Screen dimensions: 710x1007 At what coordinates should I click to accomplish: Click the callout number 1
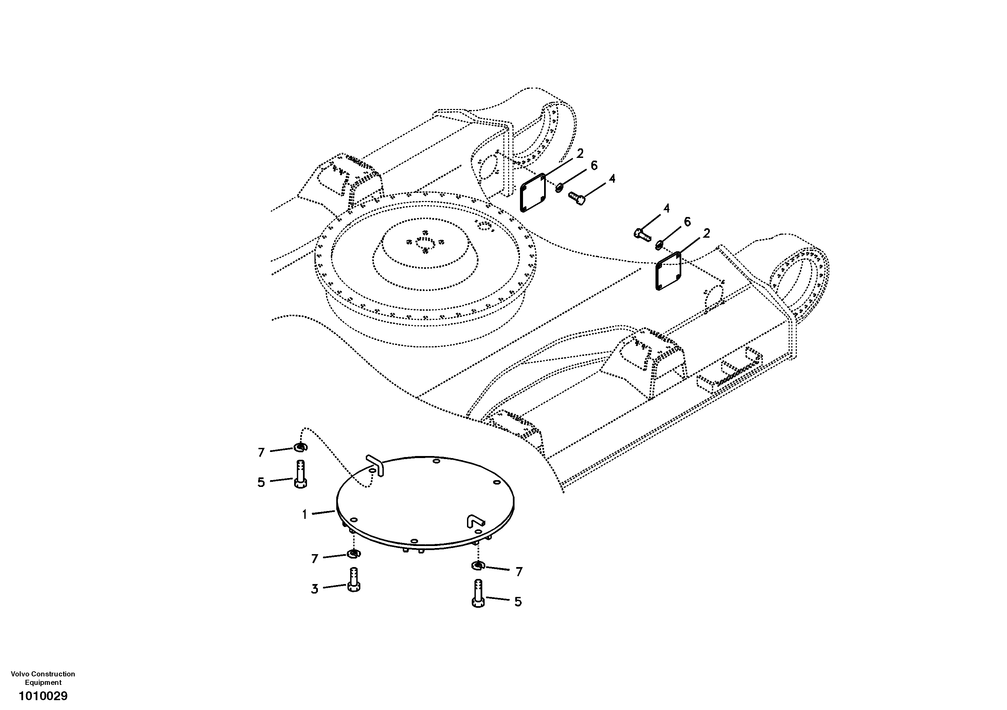304,514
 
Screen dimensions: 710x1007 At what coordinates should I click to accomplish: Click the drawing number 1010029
43,696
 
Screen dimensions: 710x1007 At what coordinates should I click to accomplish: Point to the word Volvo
19,674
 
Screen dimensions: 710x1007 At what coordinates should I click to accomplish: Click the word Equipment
43,682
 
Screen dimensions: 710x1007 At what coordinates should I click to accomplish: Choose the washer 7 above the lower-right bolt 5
478,566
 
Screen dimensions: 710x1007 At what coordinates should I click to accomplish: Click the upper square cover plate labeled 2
533,193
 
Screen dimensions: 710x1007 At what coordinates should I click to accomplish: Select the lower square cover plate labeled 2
668,271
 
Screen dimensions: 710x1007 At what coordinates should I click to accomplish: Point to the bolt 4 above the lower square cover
643,233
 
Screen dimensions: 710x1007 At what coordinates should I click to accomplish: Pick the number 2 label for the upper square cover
580,153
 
